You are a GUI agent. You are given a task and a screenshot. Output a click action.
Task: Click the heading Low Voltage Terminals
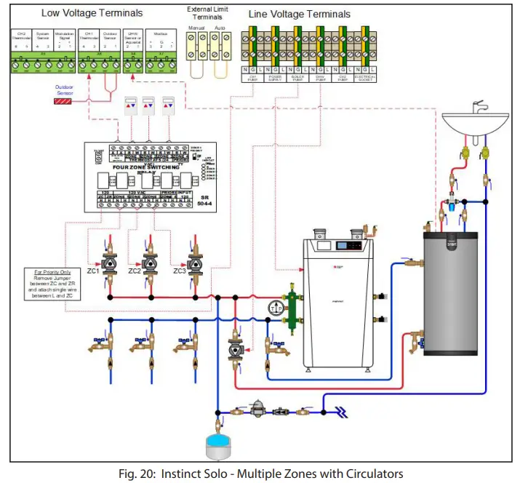click(92, 13)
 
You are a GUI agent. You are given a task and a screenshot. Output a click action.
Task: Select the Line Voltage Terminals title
click(299, 14)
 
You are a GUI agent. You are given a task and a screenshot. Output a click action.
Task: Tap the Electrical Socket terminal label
click(364, 76)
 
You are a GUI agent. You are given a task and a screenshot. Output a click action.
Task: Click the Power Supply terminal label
click(275, 76)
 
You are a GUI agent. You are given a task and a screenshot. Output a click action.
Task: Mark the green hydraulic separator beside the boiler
click(294, 306)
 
